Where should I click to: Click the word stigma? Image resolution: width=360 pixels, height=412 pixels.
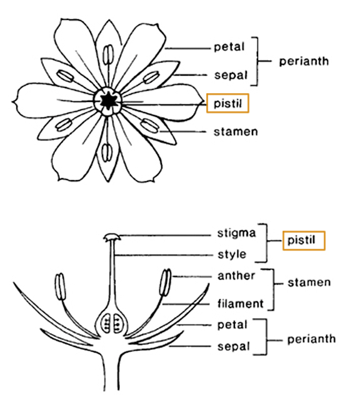click(236, 234)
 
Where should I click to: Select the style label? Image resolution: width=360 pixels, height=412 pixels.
click(232, 254)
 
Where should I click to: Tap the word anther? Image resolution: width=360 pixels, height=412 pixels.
click(236, 276)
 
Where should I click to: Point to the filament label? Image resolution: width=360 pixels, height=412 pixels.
click(240, 303)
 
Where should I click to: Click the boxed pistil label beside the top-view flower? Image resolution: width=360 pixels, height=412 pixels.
click(227, 103)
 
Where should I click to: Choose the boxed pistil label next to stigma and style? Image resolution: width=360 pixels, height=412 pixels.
click(304, 241)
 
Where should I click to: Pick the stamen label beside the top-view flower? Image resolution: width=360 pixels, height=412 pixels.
click(236, 132)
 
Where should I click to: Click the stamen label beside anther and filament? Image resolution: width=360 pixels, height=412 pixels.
click(309, 283)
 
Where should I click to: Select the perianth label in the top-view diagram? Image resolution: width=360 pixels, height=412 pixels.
click(304, 61)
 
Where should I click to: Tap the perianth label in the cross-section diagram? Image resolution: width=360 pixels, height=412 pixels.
click(311, 339)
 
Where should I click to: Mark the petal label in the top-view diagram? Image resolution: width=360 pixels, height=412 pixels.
click(229, 47)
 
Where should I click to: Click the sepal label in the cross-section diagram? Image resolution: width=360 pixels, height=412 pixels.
click(233, 346)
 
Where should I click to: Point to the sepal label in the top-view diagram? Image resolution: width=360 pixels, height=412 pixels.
click(231, 75)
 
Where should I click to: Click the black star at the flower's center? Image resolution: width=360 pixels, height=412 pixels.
click(107, 101)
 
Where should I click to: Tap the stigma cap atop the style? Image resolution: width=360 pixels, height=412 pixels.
click(112, 237)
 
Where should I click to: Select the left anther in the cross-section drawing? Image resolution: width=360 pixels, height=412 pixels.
click(60, 287)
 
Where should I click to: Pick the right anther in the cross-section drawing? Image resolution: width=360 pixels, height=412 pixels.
click(165, 283)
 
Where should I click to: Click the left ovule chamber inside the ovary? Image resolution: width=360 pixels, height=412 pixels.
click(106, 323)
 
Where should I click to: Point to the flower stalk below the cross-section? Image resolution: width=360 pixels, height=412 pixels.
click(111, 373)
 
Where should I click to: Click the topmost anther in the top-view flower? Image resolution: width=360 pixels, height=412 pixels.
click(108, 55)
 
